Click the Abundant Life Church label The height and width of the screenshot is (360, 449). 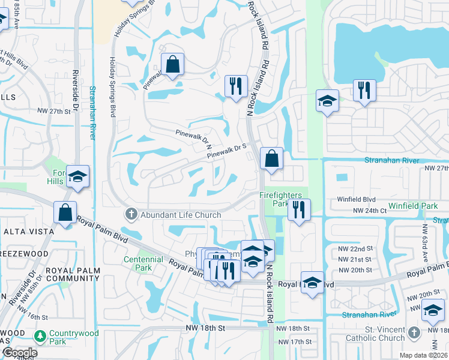tap(180, 215)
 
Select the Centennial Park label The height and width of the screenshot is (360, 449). tap(143, 263)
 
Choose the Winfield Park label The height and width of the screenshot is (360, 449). tap(412, 206)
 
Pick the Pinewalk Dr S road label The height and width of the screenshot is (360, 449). tap(228, 150)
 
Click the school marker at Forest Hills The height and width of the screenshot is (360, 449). tap(77, 177)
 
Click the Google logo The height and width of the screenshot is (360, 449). tap(20, 353)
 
